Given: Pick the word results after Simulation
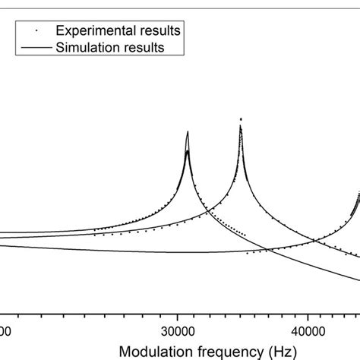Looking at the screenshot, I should tap(144, 47).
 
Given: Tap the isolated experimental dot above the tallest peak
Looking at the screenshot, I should tap(241, 118).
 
